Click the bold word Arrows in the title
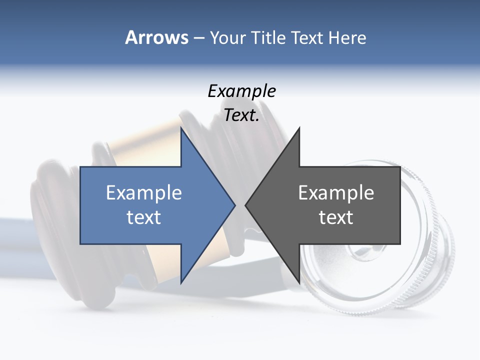(x=156, y=37)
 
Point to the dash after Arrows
(x=198, y=38)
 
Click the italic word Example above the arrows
(x=241, y=91)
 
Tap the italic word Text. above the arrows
(x=241, y=115)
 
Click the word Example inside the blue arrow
(x=144, y=193)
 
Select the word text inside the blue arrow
(x=144, y=217)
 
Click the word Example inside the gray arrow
(x=336, y=193)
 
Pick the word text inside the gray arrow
(x=336, y=217)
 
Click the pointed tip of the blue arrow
(x=234, y=205)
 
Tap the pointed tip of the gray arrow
(x=246, y=205)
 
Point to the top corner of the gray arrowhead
(x=299, y=128)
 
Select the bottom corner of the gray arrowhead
(x=299, y=282)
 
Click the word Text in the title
(x=307, y=37)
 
